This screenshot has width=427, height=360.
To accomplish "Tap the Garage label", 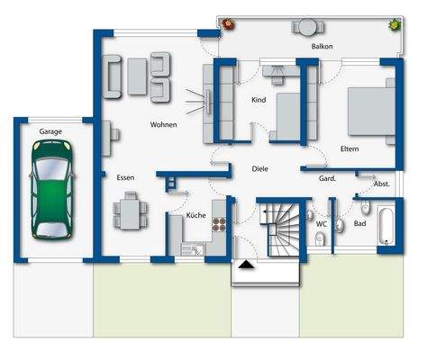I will point(50,131).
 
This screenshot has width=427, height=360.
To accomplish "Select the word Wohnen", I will point(163,124).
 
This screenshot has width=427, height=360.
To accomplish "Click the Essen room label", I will point(125,177).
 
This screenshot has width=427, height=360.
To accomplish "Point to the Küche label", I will point(195,216).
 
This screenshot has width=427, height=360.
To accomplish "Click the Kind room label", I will point(259,100).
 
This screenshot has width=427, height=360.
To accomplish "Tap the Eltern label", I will point(350,148).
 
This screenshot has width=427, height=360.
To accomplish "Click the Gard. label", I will point(327,178).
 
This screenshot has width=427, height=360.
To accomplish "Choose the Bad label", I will point(359,223).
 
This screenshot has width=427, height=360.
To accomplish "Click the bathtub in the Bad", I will point(386,227).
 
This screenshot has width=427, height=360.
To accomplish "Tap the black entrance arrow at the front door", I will point(245,265).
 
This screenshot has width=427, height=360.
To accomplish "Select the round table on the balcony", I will point(307,25).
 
